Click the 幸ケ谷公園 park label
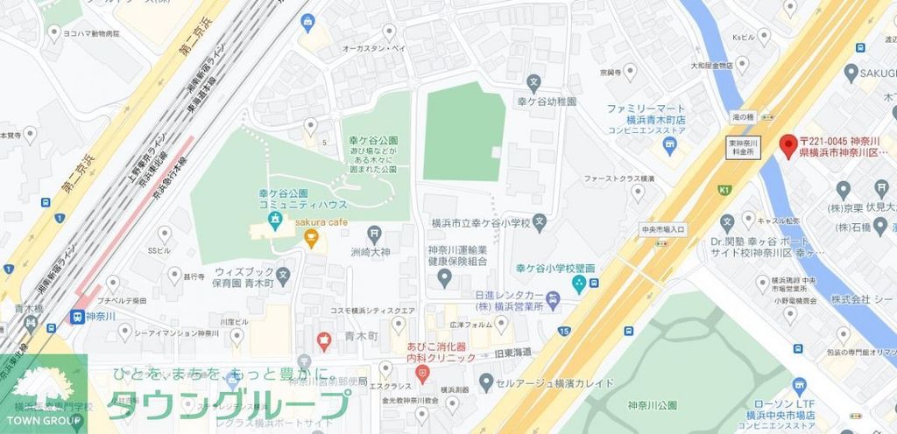click(373, 140)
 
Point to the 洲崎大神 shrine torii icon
click(374, 233)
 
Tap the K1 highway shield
click(724, 188)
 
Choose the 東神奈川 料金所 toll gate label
click(717, 146)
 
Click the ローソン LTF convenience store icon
click(798, 385)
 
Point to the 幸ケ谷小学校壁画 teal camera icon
click(578, 283)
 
